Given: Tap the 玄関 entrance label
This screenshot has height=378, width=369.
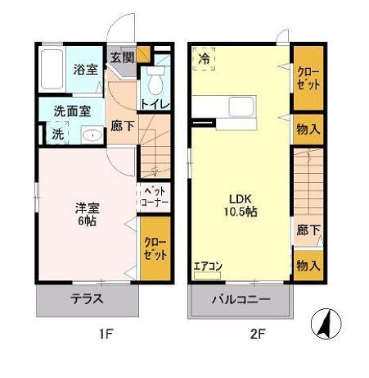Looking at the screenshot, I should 123,58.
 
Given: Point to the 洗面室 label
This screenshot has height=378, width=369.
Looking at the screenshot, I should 73,112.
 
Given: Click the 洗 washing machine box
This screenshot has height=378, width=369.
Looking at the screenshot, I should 58,133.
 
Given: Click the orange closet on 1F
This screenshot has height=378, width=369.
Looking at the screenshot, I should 154,248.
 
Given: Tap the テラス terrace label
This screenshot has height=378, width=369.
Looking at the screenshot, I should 87,298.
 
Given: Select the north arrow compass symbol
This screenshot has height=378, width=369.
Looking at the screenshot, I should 326,326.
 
